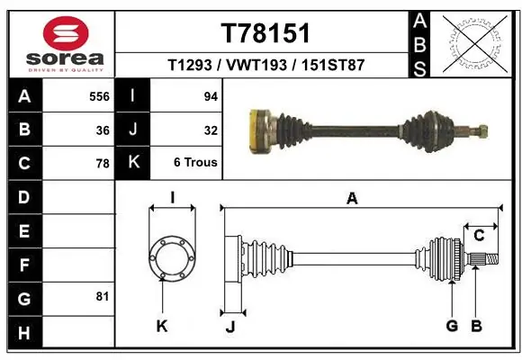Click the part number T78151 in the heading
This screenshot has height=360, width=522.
pos(265,33)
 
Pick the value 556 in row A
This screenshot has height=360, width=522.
pos(99,95)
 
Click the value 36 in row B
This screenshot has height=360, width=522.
pos(103,130)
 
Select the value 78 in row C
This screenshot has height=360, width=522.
pos(103,164)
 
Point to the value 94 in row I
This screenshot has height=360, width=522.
pos(211,95)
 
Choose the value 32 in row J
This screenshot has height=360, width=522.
pos(211,130)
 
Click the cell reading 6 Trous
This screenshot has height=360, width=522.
pos(195,163)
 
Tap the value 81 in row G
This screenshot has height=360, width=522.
pos(103,296)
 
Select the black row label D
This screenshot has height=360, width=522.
pos(22,196)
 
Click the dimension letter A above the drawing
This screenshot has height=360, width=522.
pos(352,198)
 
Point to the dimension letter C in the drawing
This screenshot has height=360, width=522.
pos(479,236)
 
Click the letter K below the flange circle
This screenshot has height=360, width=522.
pos(162,326)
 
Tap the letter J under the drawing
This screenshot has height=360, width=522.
pos(229,327)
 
